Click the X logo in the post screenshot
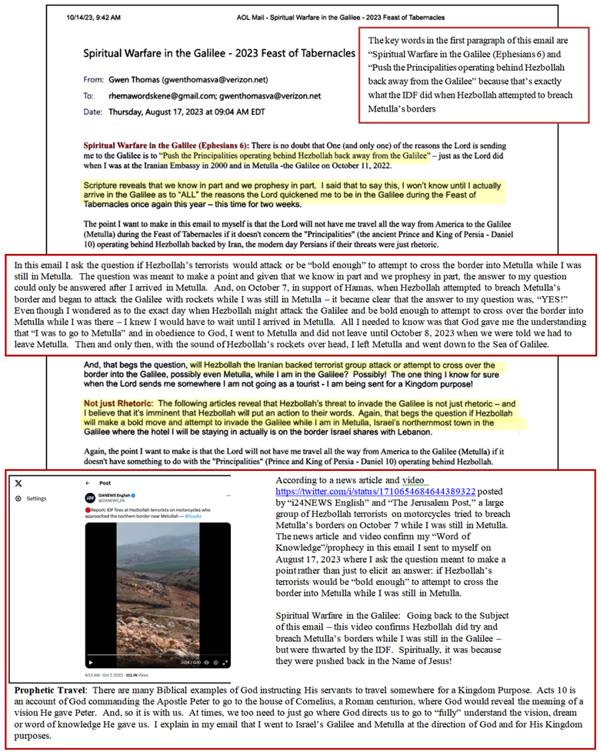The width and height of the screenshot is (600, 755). coord(18,483)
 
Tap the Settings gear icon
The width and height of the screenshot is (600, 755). coord(19,499)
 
